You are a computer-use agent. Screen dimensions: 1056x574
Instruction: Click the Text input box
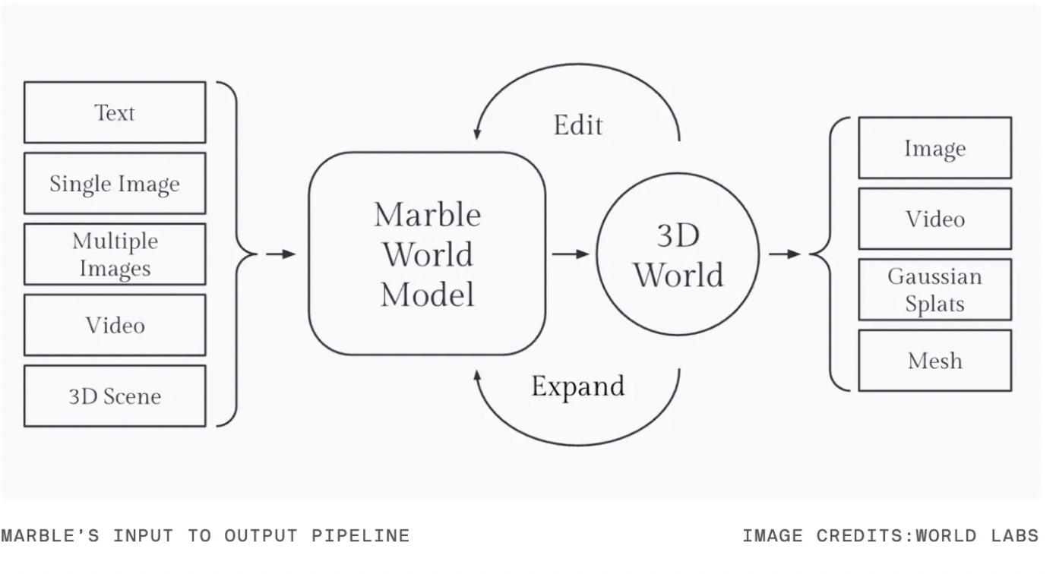tap(115, 112)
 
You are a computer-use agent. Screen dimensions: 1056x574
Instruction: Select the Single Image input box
tap(115, 183)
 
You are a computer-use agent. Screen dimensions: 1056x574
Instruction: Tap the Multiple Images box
tap(115, 254)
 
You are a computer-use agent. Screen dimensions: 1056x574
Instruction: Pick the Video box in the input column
tap(115, 325)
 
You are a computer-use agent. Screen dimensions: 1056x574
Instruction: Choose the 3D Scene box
tap(115, 396)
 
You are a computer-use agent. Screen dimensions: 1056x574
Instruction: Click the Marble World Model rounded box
tap(427, 254)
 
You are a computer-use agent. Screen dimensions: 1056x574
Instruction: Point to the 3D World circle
tap(678, 254)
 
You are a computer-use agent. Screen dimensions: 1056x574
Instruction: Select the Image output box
tap(934, 148)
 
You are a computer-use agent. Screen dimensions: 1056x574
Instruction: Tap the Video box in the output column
tap(934, 219)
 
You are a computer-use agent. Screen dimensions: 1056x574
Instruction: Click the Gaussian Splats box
tap(934, 289)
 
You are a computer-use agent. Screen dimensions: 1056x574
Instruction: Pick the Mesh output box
tap(934, 360)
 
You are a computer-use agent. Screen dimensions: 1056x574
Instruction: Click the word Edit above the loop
tap(578, 125)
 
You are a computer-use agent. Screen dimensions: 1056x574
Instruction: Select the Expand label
tap(578, 386)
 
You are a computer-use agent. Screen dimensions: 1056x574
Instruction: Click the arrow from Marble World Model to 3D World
tap(571, 254)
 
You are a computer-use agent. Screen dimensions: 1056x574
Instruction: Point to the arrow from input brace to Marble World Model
tap(280, 254)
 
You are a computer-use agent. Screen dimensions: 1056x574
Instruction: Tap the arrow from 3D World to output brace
tap(785, 254)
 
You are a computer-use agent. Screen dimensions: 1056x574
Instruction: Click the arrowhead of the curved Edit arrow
tap(477, 134)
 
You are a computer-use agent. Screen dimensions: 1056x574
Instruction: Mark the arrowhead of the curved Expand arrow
tap(478, 374)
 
